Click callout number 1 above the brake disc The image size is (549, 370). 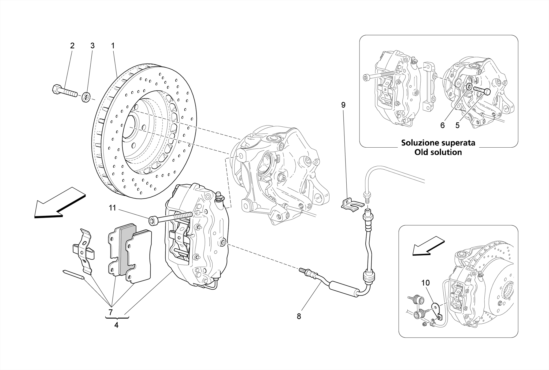[x=113, y=46]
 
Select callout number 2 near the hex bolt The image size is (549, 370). [x=72, y=46]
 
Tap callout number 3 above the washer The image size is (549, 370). [x=92, y=46]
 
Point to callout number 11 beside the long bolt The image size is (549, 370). [x=112, y=208]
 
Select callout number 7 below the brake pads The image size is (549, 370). [x=110, y=312]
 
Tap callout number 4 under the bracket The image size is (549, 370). [x=116, y=325]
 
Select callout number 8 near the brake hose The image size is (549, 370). [x=299, y=316]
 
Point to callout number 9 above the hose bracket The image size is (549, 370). [x=343, y=105]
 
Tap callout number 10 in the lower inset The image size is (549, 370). [x=425, y=283]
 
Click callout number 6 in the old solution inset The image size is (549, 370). [x=443, y=125]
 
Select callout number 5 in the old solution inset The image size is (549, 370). [x=457, y=125]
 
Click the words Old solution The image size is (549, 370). [x=438, y=152]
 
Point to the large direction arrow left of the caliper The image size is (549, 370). [x=60, y=203]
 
